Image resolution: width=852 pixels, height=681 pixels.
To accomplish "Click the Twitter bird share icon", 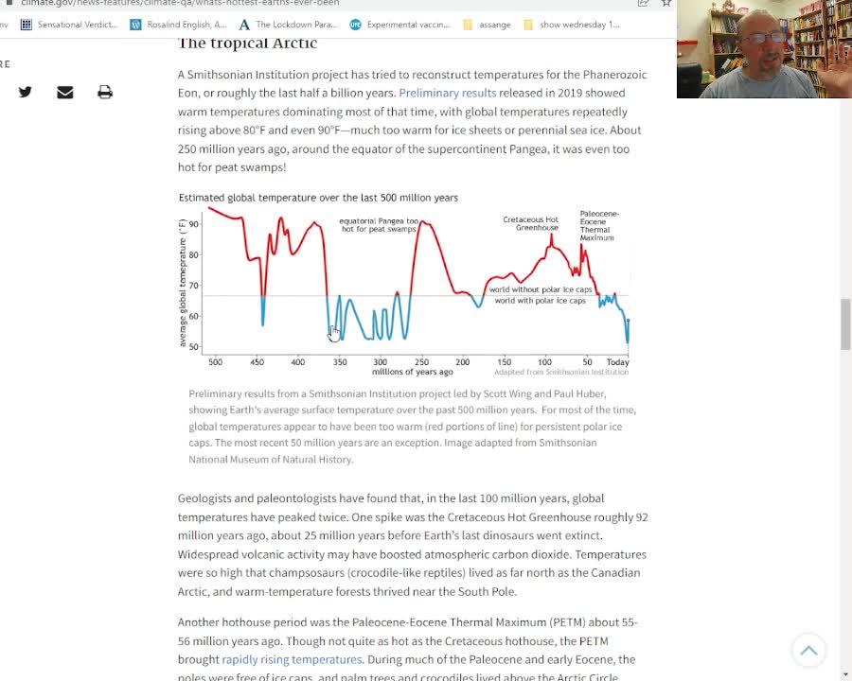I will pos(26,92).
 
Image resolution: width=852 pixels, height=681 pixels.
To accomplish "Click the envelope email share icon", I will pos(65,92).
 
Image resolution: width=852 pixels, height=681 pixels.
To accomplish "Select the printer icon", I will pos(105,92).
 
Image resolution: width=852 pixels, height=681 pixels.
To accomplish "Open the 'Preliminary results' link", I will pos(447,93).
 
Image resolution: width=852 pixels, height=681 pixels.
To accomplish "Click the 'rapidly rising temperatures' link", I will pos(292,659).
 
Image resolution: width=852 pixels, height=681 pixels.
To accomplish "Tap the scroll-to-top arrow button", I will pos(808,650).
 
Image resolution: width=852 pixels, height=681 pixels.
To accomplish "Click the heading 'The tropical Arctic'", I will pos(247,43).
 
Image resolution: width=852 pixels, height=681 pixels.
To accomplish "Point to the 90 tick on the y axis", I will pos(194,224).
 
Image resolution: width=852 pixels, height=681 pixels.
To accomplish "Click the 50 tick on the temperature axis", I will pos(194,347).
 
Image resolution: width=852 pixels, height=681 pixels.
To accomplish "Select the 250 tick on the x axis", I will pos(421,362).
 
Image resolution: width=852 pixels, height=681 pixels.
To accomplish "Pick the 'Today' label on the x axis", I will pos(617,362).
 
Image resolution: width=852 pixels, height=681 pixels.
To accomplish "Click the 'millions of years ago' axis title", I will pos(412,373).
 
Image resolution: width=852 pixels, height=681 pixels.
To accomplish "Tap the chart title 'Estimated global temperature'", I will pos(318,198).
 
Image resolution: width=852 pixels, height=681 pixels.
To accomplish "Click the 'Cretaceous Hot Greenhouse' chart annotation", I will pos(530,224).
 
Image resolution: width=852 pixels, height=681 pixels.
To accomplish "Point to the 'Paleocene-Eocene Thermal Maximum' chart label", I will pos(597,226).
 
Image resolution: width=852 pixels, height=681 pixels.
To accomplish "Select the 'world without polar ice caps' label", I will pos(540,289).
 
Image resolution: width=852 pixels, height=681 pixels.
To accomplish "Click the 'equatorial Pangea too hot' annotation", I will pos(379,225).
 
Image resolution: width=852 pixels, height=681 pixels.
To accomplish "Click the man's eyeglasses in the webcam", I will pos(765,39).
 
